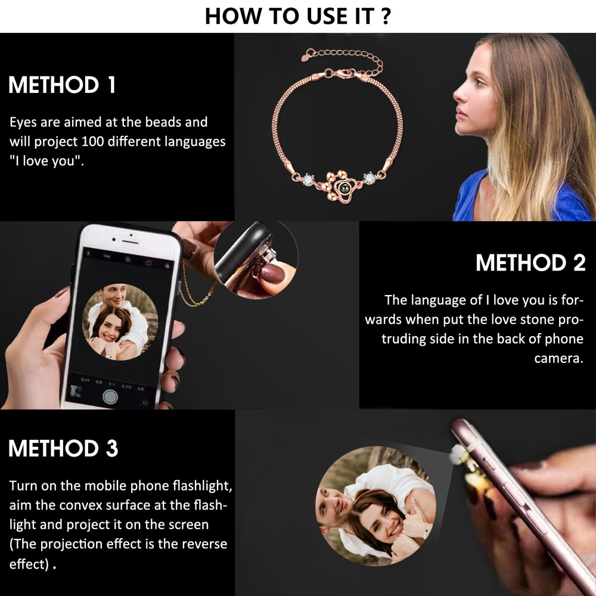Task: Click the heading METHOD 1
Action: pos(61,85)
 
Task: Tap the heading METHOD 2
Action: pos(530,263)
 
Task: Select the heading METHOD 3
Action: pos(63,448)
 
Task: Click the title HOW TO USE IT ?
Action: pos(297,16)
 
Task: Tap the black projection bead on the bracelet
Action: pos(345,187)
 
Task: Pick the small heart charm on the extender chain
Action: pos(305,58)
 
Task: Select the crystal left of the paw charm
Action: pos(308,179)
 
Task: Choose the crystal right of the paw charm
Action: pos(370,178)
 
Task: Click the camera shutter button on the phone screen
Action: pos(110,397)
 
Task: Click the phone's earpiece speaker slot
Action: pos(130,242)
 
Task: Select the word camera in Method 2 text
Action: pos(558,358)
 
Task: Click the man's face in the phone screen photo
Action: pos(113,296)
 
